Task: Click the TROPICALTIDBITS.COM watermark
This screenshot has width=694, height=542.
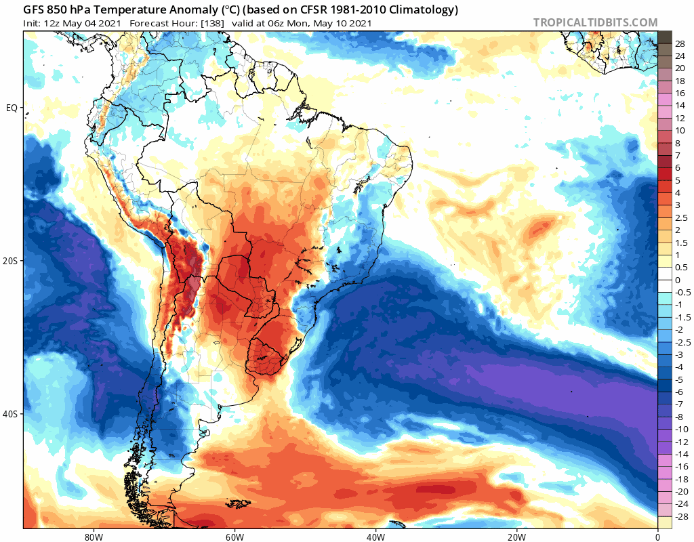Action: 595,23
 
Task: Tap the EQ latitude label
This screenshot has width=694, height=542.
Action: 12,108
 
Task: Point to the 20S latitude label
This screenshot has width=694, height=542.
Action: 11,261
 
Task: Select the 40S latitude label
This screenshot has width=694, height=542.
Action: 11,414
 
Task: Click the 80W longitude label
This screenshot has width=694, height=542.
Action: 94,537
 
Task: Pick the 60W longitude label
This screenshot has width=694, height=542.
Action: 234,537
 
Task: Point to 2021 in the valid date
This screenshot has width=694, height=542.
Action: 359,23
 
